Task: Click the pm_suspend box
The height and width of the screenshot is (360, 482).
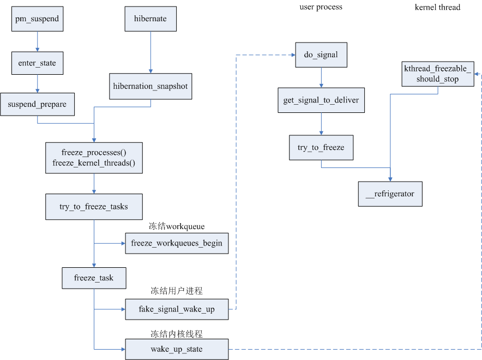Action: click(37, 19)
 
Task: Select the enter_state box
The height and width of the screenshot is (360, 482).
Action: click(37, 63)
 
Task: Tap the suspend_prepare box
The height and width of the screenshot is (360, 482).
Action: click(37, 104)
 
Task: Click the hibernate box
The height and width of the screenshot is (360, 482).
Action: click(150, 19)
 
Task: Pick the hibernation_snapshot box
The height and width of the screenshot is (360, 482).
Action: click(150, 86)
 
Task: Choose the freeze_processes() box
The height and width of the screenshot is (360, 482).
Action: click(94, 158)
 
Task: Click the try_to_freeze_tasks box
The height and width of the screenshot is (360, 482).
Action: click(94, 207)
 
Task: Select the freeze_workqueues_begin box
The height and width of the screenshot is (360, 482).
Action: click(177, 243)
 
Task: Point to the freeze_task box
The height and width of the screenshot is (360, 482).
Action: click(94, 278)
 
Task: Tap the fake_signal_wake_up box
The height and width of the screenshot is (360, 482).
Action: click(177, 309)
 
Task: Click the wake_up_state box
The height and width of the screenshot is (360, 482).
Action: click(177, 349)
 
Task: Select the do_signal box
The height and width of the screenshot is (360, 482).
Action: click(321, 55)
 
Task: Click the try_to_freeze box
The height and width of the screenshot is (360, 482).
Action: click(321, 148)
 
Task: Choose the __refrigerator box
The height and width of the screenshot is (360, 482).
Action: click(390, 194)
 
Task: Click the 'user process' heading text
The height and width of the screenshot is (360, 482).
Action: click(321, 7)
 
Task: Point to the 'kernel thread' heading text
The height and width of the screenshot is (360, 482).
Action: click(437, 7)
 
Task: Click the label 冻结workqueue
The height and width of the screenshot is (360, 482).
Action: click(177, 226)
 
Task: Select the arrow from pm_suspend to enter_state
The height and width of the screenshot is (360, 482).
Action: click(37, 41)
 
